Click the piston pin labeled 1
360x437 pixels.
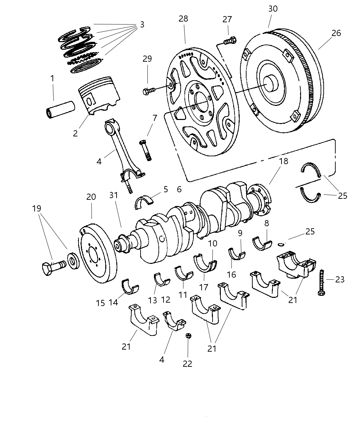tap(60, 108)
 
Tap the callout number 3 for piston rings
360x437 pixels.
tap(142, 25)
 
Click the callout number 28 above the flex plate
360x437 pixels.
tap(183, 19)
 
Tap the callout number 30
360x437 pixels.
tap(273, 9)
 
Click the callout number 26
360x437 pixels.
tap(336, 33)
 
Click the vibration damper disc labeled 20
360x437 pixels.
tap(98, 254)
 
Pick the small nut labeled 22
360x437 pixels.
tap(188, 336)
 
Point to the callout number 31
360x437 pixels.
tap(113, 195)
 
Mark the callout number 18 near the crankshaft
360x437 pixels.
tap(284, 161)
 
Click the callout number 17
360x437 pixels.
tap(204, 287)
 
